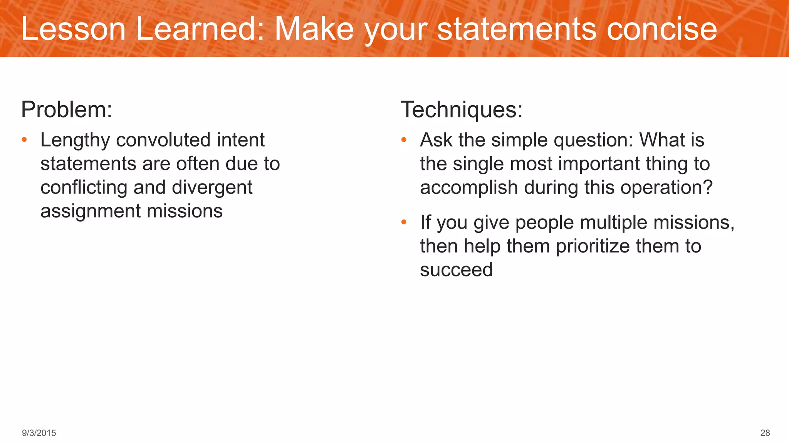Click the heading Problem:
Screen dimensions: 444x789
point(67,109)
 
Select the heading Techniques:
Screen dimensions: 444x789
point(462,109)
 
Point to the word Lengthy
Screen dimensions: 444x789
point(75,140)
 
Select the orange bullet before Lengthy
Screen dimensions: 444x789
point(24,140)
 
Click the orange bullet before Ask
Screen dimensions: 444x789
point(404,140)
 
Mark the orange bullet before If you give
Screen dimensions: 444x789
point(404,222)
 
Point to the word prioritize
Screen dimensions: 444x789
point(593,246)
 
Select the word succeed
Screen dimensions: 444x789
point(456,270)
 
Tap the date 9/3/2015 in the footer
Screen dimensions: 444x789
point(39,433)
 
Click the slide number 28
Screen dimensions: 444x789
point(765,433)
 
